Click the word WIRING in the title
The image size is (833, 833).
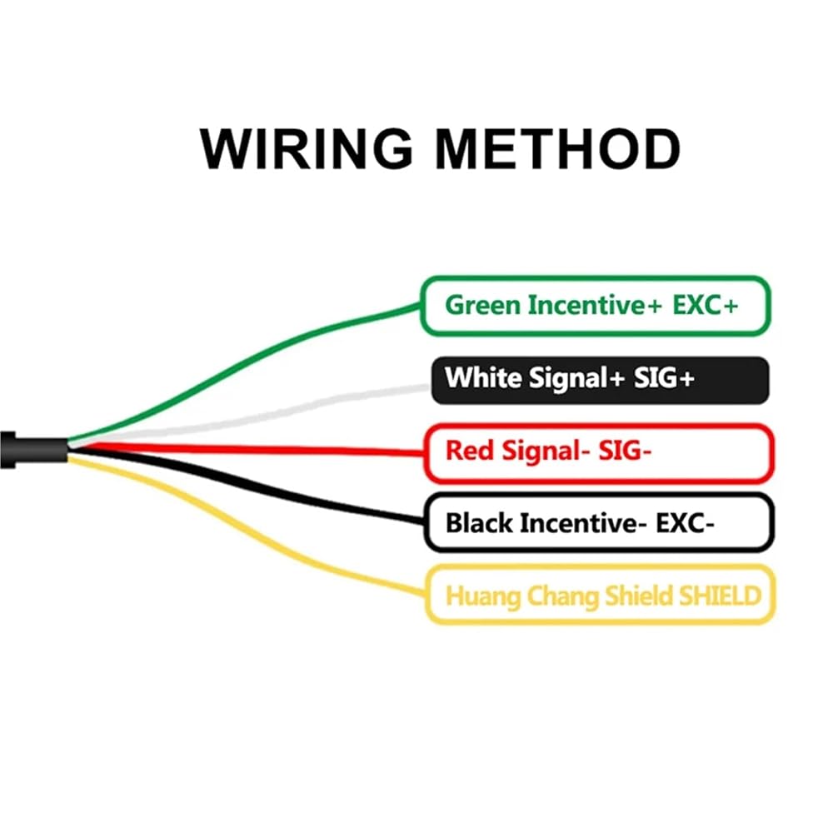[x=307, y=149]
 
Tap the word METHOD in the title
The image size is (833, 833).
[x=558, y=149]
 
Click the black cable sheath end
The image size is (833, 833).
[x=33, y=450]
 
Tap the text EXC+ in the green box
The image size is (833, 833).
[x=705, y=306]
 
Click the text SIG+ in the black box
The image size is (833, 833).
[x=664, y=377]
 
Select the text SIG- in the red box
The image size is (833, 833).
[x=625, y=451]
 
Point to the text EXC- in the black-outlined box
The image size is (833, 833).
[x=685, y=523]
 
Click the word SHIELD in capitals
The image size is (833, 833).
[x=721, y=596]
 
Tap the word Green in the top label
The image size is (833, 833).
[x=482, y=306]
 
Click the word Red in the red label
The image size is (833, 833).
[x=470, y=451]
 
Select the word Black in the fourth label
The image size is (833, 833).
[x=479, y=523]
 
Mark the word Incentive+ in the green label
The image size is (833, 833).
[x=595, y=306]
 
